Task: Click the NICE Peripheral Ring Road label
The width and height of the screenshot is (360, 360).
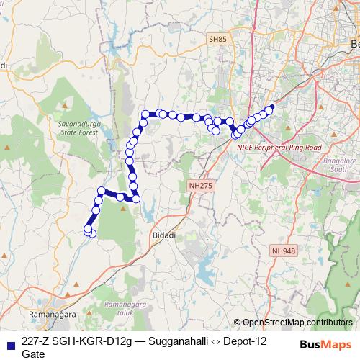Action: (x=278, y=146)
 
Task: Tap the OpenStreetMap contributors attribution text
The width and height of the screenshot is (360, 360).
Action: (x=297, y=323)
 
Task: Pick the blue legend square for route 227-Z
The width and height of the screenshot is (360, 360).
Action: (x=10, y=342)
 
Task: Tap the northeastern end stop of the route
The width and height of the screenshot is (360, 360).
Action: (x=271, y=109)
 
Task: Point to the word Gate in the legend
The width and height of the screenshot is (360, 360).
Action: (x=33, y=354)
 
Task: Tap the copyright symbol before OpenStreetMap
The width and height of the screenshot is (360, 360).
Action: (x=238, y=323)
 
